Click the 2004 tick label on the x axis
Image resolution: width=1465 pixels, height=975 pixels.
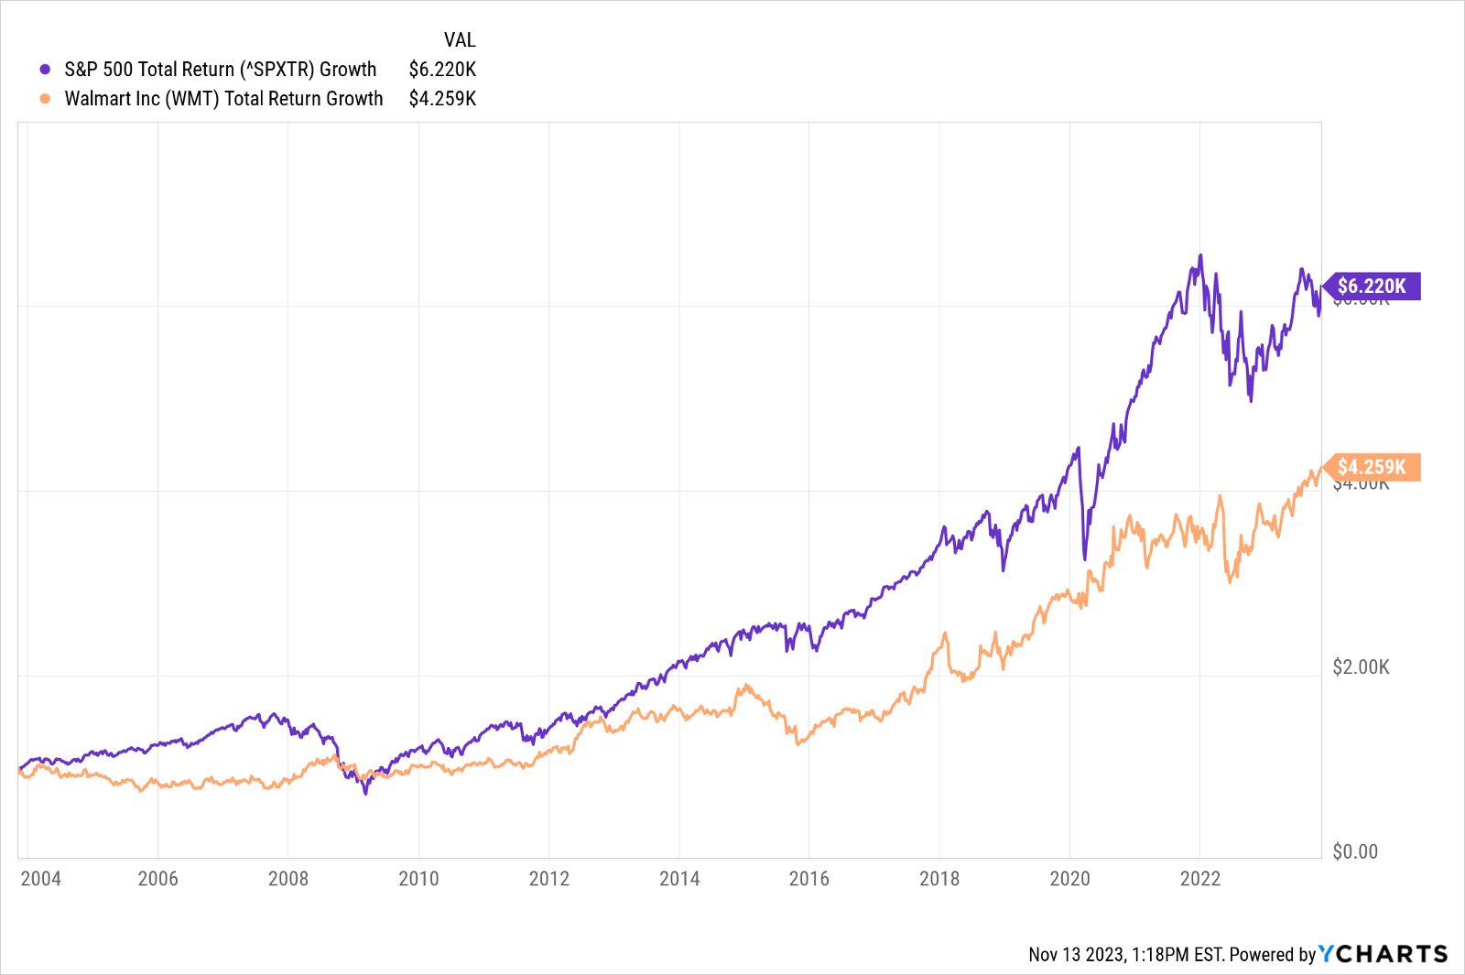(40, 879)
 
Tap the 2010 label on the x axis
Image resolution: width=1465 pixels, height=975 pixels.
(418, 879)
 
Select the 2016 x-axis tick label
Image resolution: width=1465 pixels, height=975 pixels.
(809, 879)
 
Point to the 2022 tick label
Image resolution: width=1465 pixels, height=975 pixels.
(1199, 879)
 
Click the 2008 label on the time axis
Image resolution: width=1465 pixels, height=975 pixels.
(288, 879)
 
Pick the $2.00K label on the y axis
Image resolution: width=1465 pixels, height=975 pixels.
(1361, 667)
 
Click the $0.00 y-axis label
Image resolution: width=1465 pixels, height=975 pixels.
(1354, 851)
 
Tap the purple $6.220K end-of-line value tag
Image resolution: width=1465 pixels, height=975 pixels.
(1372, 286)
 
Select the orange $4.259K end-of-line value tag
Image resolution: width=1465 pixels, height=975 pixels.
(1372, 467)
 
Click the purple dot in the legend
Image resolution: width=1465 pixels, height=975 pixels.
(45, 70)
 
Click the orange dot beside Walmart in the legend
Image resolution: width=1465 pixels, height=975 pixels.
(45, 99)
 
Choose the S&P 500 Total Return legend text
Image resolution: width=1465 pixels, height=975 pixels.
(220, 70)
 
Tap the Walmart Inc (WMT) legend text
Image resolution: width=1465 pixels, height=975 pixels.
(223, 99)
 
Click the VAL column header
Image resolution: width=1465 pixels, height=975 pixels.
(460, 39)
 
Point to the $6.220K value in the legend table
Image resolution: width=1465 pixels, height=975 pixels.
(442, 70)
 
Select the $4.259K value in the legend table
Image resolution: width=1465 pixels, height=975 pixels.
(442, 99)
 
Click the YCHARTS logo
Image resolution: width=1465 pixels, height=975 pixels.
(1384, 954)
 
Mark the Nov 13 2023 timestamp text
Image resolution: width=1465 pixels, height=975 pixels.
(1126, 954)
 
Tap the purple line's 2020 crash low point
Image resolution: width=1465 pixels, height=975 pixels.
(1085, 558)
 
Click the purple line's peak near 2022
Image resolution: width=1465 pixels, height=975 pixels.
(1200, 256)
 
